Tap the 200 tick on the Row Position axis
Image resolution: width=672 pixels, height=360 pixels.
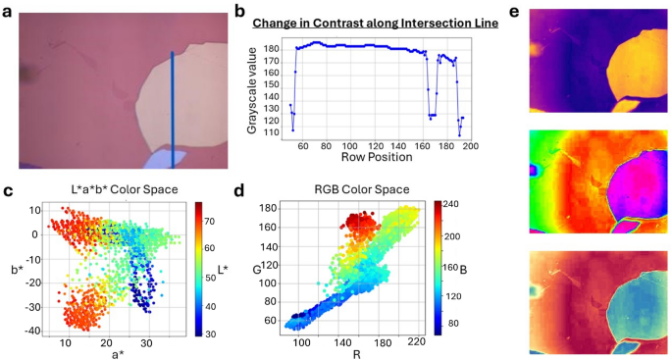470,146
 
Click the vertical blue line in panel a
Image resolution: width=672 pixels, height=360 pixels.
173,108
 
